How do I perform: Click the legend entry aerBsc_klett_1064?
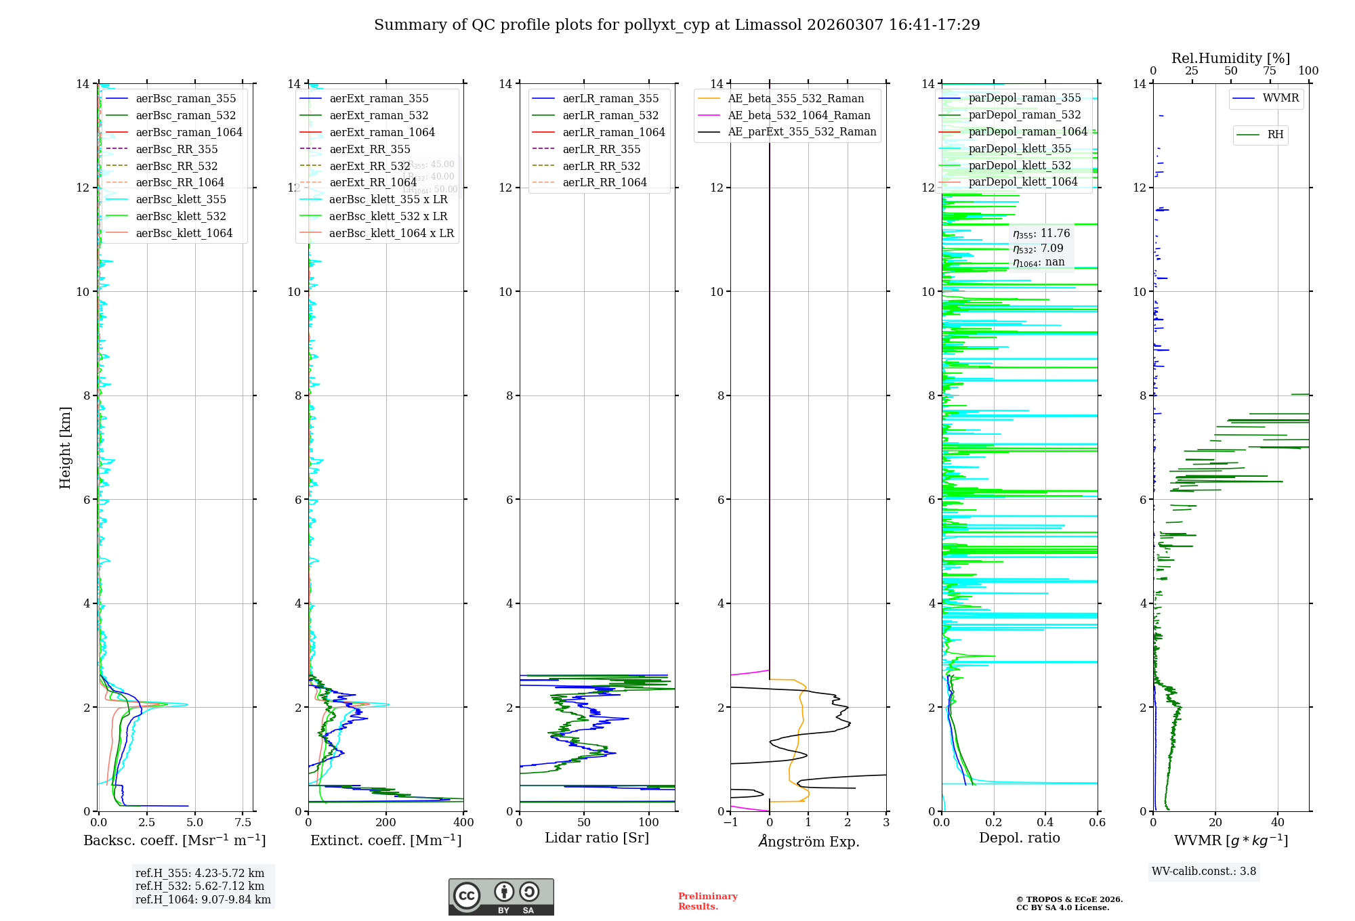184,233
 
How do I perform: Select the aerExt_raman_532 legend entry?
379,115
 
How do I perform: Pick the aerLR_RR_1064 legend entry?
604,182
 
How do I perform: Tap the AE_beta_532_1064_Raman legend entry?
799,115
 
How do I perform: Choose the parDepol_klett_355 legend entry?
1020,148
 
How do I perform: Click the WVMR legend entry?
1280,98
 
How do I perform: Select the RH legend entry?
1275,135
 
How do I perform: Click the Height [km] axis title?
65,447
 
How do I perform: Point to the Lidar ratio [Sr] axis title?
597,838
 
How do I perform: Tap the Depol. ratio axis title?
1019,838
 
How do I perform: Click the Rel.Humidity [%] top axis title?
1230,58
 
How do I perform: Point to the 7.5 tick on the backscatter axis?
243,822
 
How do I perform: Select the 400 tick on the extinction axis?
463,822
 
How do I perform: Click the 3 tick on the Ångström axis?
886,822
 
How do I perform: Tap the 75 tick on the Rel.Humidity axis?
1270,71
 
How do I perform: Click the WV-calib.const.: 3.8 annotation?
1204,871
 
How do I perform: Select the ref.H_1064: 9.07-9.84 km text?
203,899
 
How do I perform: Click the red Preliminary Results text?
707,901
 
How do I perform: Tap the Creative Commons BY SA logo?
501,897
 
